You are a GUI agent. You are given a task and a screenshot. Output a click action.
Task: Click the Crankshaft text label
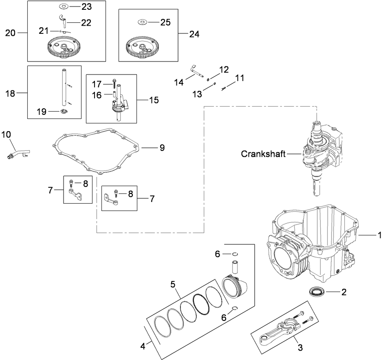click(x=263, y=154)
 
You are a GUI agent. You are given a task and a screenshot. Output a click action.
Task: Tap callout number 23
click(x=86, y=7)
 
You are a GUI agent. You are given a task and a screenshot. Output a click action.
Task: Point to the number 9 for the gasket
click(x=162, y=147)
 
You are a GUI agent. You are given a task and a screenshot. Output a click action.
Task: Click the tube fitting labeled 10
click(x=16, y=151)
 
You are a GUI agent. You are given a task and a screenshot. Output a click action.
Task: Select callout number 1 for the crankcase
click(x=379, y=235)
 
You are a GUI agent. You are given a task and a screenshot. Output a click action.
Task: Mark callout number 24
click(x=194, y=34)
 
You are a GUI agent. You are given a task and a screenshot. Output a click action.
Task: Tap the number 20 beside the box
click(x=10, y=33)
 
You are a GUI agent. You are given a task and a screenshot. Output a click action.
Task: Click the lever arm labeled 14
click(x=197, y=72)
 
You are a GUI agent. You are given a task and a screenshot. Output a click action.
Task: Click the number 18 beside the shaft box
click(x=10, y=93)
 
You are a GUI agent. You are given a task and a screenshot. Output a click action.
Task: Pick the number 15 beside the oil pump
click(x=154, y=100)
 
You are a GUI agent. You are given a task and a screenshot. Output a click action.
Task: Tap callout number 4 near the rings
click(x=143, y=347)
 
